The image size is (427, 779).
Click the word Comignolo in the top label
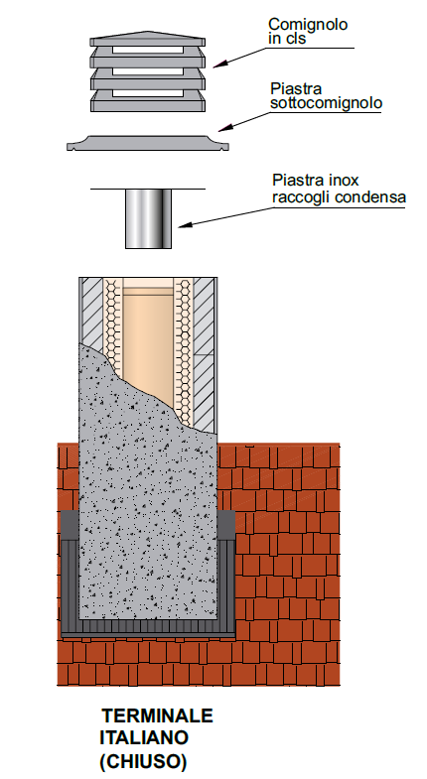pos(308,25)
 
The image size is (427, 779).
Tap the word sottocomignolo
pos(326,103)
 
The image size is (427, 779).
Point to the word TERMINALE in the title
pos(158,715)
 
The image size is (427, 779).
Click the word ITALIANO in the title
pos(144,737)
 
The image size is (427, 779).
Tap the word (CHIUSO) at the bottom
pos(143,761)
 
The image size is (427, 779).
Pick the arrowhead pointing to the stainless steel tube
pos(185,225)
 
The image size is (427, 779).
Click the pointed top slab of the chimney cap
pos(147,39)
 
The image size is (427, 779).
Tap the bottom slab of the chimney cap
pos(148,102)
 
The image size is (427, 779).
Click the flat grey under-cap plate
pos(148,143)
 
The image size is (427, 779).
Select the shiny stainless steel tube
pos(148,218)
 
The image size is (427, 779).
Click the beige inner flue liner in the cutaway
pos(148,337)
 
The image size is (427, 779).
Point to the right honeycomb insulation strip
pos(185,347)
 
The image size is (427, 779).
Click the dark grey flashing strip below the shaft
pos(148,628)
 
